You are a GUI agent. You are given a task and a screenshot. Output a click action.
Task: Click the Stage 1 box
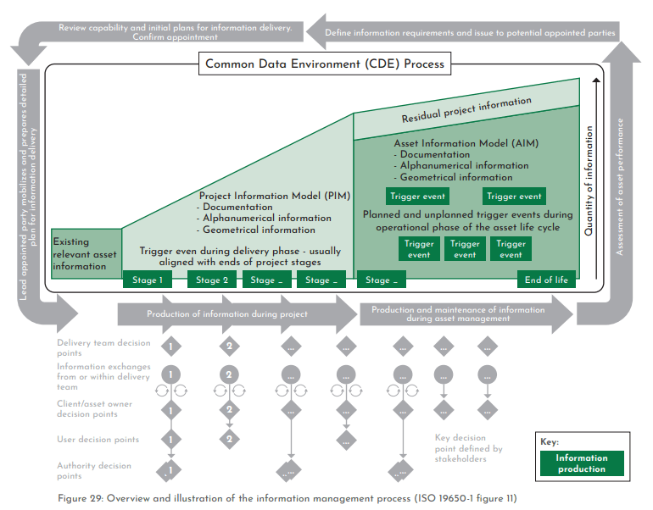coord(148,280)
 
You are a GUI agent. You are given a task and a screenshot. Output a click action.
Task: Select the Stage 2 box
coord(213,280)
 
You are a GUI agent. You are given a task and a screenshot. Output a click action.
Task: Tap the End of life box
coord(546,280)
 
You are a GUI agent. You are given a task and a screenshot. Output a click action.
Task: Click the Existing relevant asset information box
coord(86,253)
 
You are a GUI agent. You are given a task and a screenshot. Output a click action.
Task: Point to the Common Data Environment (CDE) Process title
coord(325,64)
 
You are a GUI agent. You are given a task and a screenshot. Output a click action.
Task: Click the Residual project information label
coord(467,111)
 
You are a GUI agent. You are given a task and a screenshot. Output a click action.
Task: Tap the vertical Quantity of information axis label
coord(590,178)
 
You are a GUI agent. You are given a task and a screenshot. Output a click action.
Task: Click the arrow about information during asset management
coord(458,314)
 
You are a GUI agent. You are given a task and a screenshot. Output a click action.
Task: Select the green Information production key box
coord(581,463)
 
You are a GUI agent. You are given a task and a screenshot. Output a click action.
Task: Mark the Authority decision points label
coord(94,470)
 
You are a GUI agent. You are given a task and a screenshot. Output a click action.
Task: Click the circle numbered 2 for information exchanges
coord(229,374)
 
